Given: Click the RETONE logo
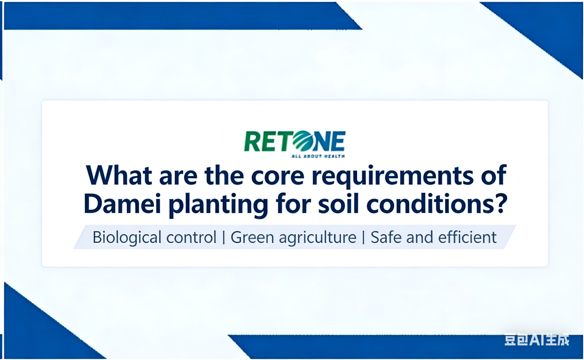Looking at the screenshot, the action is tap(295, 144).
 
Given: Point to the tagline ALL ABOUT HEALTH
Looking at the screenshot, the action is tap(318, 156).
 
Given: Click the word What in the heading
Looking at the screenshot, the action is tap(119, 176).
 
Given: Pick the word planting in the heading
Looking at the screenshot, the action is tap(218, 205).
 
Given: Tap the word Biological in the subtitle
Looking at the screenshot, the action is tap(127, 237).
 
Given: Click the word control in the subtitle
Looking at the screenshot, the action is tap(191, 237).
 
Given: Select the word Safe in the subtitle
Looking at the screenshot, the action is tap(386, 237).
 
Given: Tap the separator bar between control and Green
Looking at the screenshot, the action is tap(224, 237).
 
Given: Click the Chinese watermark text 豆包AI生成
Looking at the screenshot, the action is tap(537, 340).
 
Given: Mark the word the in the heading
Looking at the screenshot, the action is tap(224, 176).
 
